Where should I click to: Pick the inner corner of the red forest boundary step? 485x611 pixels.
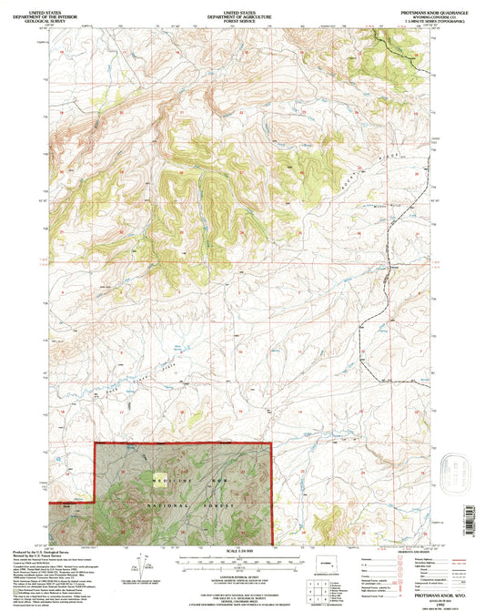(x=96, y=500)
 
